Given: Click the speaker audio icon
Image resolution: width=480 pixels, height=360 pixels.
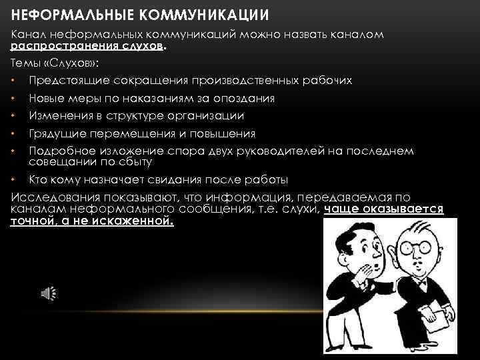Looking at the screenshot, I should coord(48,294).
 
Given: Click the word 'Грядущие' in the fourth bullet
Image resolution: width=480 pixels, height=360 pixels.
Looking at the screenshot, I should coord(57,133).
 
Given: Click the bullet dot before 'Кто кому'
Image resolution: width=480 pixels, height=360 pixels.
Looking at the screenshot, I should coord(14,181).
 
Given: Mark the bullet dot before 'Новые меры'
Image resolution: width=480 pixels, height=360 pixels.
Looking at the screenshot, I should coord(14,99).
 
